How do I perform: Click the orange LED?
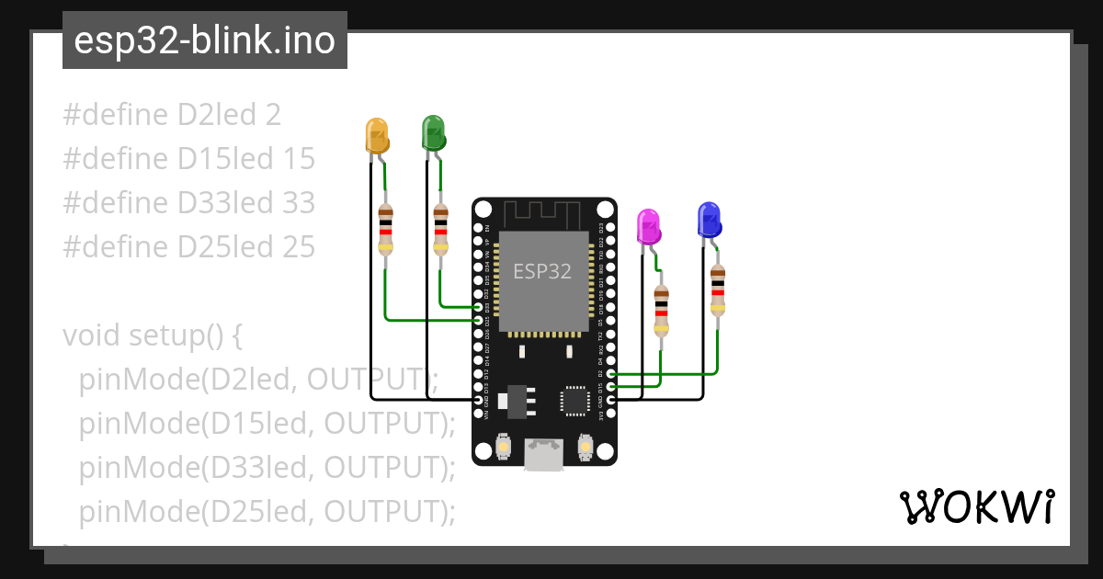(377, 135)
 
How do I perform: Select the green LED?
(433, 132)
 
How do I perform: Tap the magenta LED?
(649, 226)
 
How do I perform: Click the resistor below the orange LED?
(385, 228)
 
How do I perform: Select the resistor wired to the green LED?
(441, 228)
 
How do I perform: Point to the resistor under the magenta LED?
(661, 311)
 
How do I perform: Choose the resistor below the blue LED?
(718, 289)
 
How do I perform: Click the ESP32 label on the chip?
(542, 271)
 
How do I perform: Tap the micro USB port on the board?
(543, 454)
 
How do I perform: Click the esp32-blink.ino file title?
(204, 41)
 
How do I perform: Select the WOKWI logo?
(975, 507)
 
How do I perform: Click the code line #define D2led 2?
(172, 115)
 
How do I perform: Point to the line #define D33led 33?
(189, 203)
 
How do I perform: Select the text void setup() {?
(153, 335)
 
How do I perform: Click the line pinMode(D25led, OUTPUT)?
(267, 511)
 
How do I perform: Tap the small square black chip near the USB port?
(575, 401)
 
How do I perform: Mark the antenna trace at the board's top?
(543, 215)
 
